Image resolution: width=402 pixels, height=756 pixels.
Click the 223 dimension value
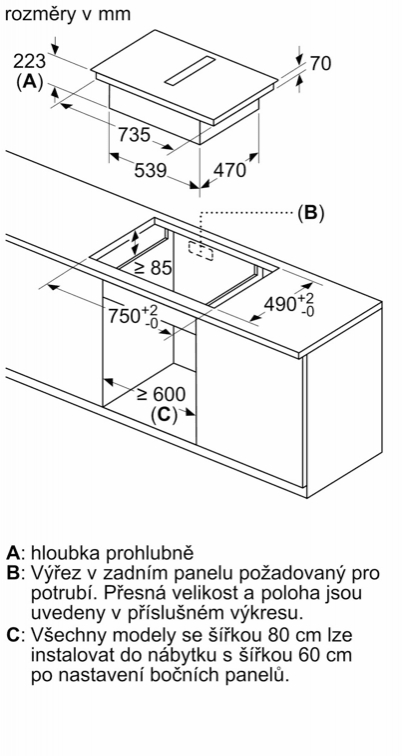[x=29, y=62]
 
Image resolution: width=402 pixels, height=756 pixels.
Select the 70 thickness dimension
[x=320, y=63]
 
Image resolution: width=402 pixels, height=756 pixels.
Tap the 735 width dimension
[x=134, y=135]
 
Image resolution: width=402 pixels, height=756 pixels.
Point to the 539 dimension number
[x=150, y=170]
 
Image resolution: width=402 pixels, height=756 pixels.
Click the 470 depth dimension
[x=229, y=170]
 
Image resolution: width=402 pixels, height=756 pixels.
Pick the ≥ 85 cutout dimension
[x=153, y=268]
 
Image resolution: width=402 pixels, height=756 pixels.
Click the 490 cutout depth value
[x=289, y=304]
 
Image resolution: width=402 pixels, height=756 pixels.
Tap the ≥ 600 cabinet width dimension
[x=161, y=394]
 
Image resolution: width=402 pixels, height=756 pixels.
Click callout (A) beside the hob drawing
[x=29, y=82]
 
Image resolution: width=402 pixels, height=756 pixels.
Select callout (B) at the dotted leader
[x=310, y=213]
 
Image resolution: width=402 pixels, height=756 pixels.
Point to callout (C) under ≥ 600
[x=164, y=415]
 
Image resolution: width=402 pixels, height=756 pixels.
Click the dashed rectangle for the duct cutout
[x=201, y=250]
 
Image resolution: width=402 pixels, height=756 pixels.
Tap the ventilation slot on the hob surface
[x=189, y=70]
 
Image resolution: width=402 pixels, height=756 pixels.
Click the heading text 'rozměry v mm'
[x=68, y=14]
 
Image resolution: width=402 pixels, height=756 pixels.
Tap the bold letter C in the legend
[x=13, y=634]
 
